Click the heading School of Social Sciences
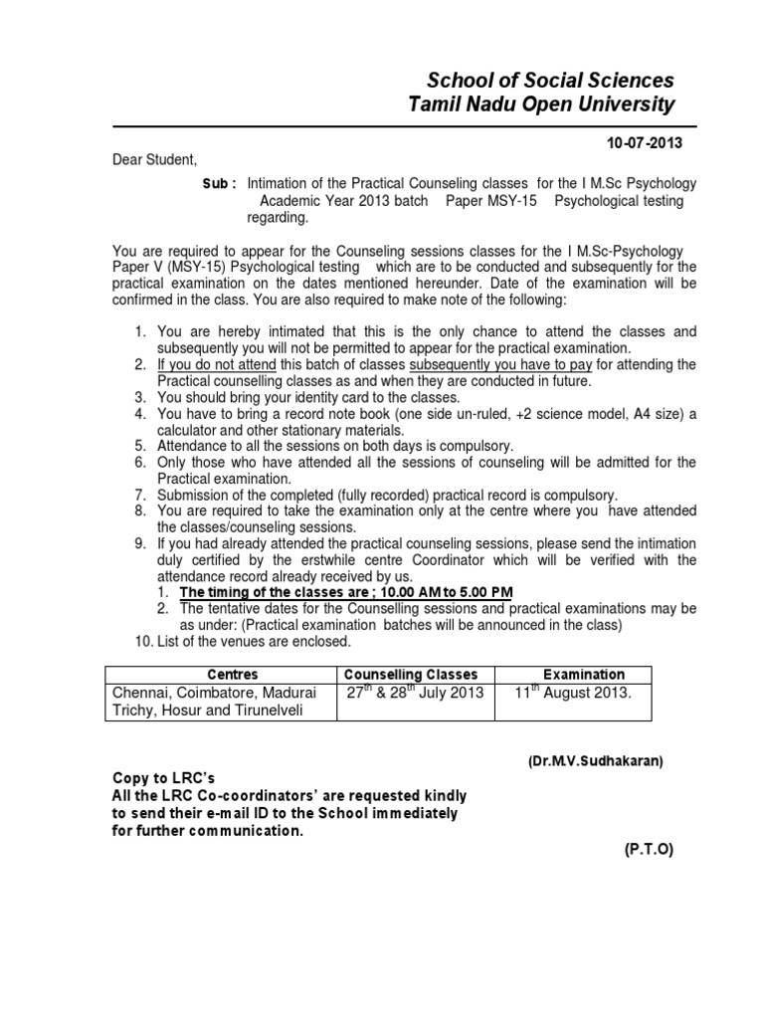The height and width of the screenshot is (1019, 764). pos(550,81)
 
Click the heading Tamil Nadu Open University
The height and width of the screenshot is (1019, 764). pos(541,105)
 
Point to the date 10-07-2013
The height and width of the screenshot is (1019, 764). pos(646,143)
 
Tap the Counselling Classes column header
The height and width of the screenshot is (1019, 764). pos(411,675)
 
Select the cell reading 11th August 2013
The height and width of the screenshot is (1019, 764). pos(572,693)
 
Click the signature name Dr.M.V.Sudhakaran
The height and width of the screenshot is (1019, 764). pos(595,761)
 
